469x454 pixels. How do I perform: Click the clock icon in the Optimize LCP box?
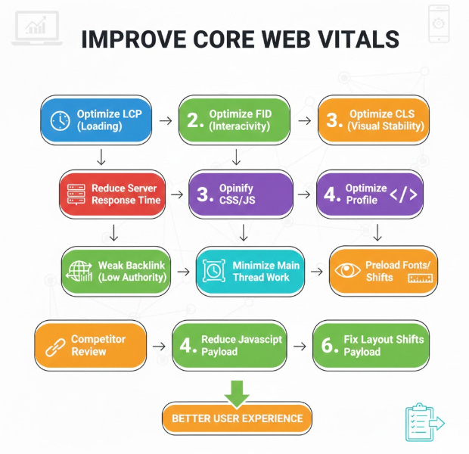click(60, 120)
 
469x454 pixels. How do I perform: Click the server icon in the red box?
click(75, 194)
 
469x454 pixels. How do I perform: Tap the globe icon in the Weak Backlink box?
click(79, 270)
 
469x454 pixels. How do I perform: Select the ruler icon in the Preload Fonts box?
click(418, 278)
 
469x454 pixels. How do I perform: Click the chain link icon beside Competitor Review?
click(51, 346)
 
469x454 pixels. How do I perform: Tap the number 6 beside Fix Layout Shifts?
click(328, 346)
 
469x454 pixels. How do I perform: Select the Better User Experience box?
click(237, 418)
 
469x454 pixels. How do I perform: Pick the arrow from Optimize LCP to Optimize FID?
click(166, 120)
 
